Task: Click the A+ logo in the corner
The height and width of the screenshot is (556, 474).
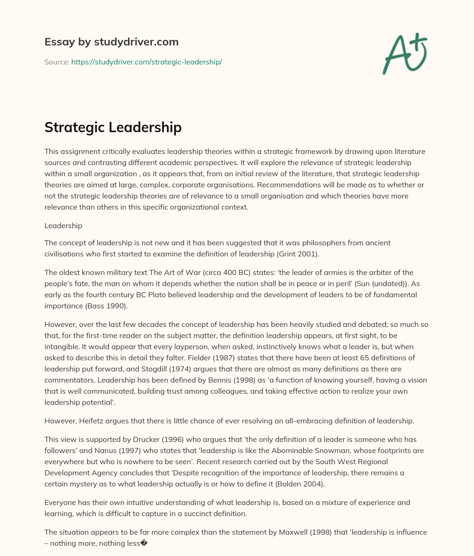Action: click(405, 53)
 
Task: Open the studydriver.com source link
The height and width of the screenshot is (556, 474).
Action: click(146, 62)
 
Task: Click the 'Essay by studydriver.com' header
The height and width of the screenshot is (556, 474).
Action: click(111, 42)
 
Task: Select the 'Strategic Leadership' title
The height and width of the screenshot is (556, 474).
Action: click(113, 127)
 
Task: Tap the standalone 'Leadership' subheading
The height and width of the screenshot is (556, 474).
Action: click(63, 225)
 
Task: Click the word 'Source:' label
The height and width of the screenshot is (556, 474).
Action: click(57, 62)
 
